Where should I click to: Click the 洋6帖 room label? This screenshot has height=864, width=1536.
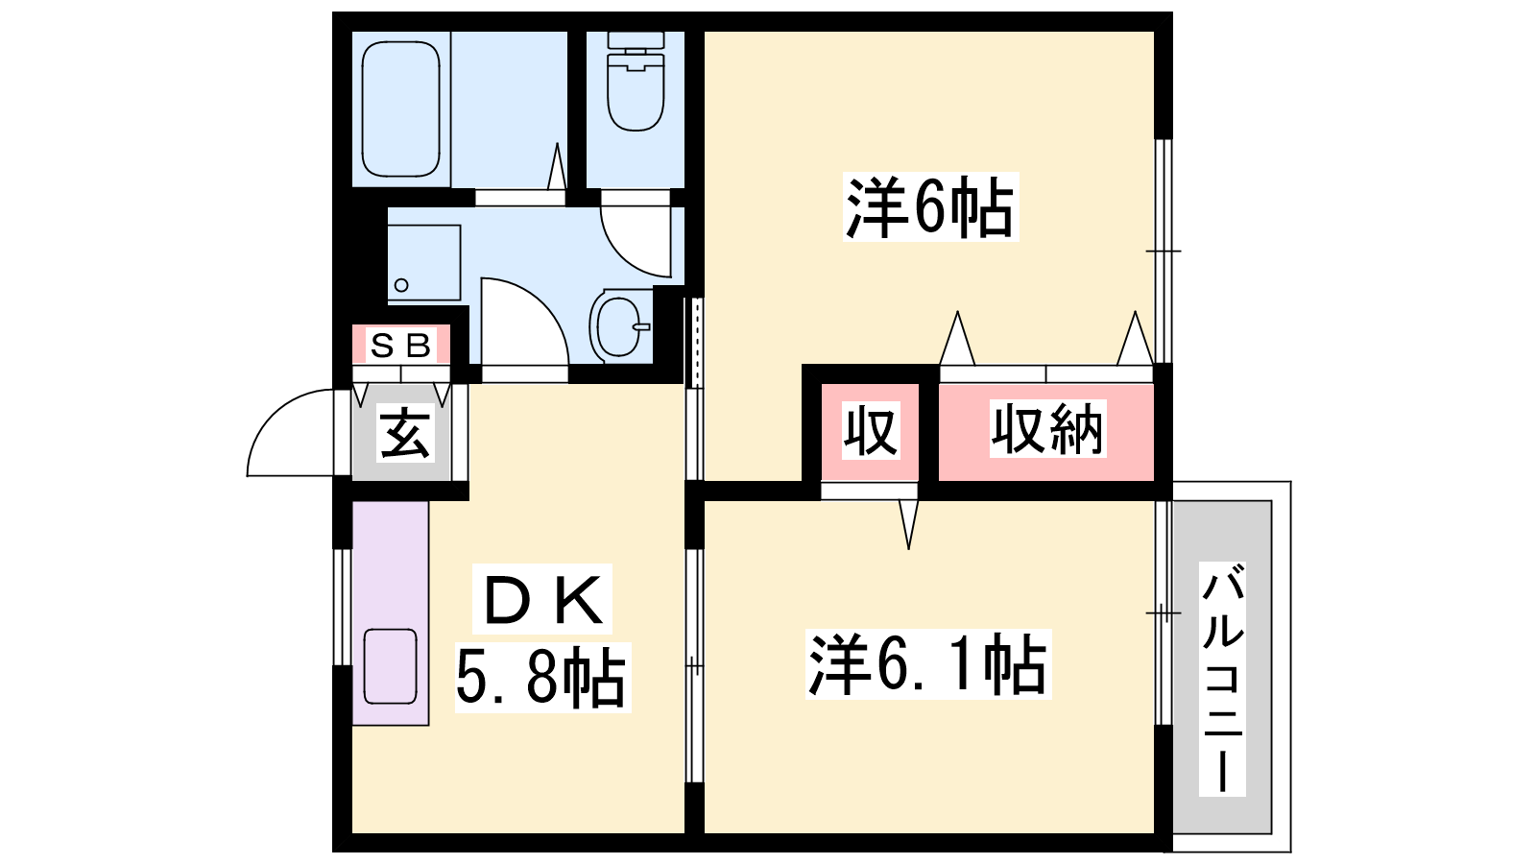click(930, 206)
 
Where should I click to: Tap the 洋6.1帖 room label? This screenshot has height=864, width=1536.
click(928, 663)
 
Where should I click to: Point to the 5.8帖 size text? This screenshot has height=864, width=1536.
click(540, 678)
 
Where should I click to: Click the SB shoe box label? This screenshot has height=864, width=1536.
click(401, 345)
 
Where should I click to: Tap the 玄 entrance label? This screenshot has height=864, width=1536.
click(405, 433)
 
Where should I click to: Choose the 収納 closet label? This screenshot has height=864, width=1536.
click(1047, 429)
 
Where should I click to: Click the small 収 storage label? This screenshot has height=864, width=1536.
click(871, 431)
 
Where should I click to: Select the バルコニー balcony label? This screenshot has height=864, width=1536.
click(1223, 678)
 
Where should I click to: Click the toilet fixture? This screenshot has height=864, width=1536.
click(636, 81)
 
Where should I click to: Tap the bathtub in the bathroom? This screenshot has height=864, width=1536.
click(400, 109)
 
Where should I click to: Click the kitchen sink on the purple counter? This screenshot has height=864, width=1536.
click(390, 666)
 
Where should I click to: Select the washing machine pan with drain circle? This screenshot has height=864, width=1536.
click(423, 263)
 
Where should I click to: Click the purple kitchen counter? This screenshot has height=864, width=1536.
click(390, 613)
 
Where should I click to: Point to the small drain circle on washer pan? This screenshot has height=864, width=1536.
click(402, 285)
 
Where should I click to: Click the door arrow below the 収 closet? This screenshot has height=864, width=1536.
click(908, 524)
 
